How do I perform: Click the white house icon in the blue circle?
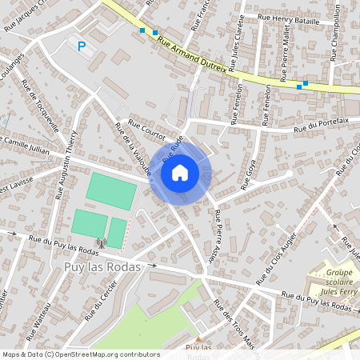(x=180, y=172)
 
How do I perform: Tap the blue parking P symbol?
(x=81, y=46)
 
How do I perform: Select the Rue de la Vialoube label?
(x=133, y=150)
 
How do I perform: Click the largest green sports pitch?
(x=111, y=191)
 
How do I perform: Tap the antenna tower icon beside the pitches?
(x=101, y=242)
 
